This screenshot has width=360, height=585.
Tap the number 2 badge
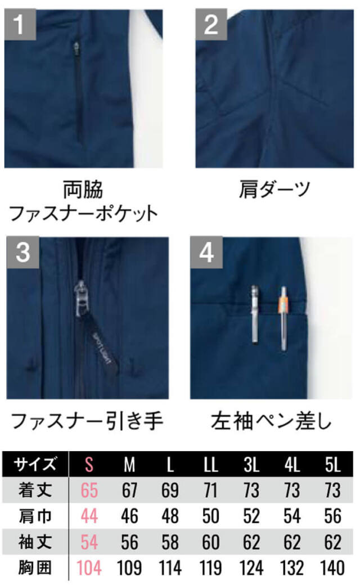[211, 24]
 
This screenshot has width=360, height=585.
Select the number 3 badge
[22, 252]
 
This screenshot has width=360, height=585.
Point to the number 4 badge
[206, 252]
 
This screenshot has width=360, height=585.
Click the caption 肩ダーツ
[274, 189]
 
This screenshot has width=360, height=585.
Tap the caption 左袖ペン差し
[271, 421]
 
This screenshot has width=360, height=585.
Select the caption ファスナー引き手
[87, 421]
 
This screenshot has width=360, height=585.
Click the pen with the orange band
[284, 318]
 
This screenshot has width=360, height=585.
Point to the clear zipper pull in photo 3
[80, 299]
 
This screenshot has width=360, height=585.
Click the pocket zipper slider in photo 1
[76, 48]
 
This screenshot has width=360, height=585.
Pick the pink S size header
[89, 465]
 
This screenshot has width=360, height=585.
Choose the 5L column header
[332, 465]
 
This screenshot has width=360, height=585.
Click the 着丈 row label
[35, 490]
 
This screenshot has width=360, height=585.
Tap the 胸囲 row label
[35, 568]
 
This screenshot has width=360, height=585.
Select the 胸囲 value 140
[332, 568]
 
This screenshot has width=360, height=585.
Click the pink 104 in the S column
[89, 568]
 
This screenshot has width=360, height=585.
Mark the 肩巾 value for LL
[210, 516]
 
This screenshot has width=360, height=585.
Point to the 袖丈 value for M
[129, 542]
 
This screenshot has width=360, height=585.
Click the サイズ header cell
[35, 465]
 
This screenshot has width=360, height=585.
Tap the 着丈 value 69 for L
[170, 490]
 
